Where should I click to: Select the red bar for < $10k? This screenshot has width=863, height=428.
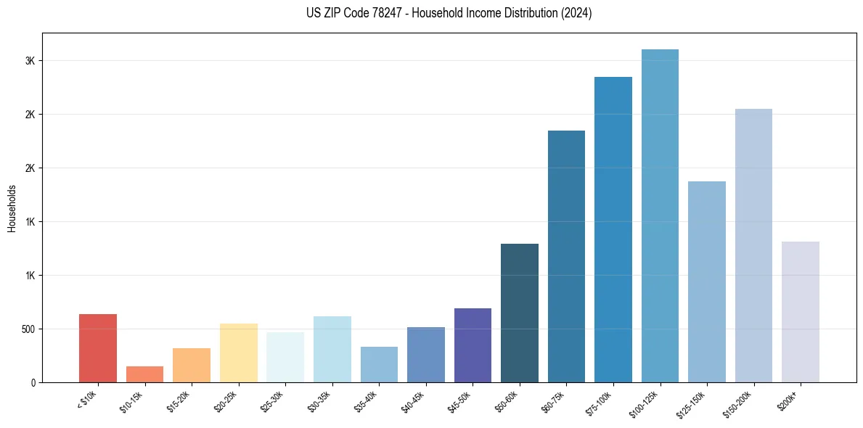click(98, 348)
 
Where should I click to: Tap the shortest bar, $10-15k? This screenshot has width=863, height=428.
click(144, 374)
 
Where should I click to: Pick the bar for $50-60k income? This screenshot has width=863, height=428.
click(520, 313)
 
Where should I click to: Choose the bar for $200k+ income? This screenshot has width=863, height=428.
click(801, 312)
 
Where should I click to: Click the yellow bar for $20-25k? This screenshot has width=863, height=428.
click(239, 353)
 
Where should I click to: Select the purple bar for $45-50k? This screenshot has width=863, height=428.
click(473, 345)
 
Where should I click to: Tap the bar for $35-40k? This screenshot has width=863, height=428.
click(379, 364)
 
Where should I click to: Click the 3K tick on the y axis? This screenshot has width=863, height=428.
click(30, 61)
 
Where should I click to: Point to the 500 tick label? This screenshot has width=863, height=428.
click(27, 329)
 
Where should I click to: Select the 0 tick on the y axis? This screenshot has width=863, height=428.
click(33, 382)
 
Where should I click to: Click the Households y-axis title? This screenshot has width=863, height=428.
click(12, 208)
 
